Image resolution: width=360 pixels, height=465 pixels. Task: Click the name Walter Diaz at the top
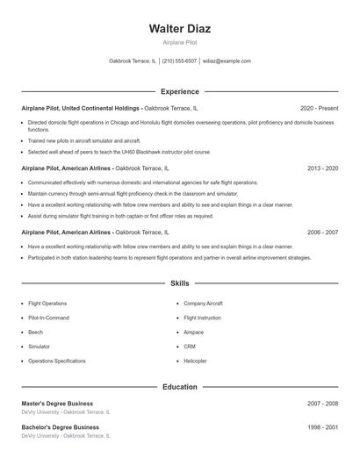[x=180, y=28]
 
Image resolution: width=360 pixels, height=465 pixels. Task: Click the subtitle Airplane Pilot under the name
[x=180, y=42]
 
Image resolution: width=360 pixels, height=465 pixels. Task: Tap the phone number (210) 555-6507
[x=179, y=61]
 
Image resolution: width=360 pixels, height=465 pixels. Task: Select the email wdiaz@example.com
[x=227, y=61]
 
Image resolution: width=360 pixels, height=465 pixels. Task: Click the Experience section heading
[x=180, y=91]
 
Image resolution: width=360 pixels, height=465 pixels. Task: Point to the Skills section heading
[x=180, y=284]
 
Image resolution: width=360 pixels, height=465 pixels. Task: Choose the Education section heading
[x=180, y=386]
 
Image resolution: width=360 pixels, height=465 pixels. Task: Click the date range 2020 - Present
[x=319, y=108]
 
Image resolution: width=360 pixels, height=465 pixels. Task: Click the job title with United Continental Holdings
[x=81, y=108]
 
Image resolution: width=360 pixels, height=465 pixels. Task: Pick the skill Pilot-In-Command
[x=48, y=318]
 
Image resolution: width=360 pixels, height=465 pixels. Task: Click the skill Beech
[x=35, y=333]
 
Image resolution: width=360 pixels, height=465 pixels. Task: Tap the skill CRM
[x=190, y=347]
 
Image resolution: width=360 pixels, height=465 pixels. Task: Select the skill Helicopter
[x=195, y=361]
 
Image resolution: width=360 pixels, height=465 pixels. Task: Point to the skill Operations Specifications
[x=57, y=361]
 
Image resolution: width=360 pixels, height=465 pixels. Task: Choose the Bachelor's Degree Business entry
[x=61, y=427]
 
